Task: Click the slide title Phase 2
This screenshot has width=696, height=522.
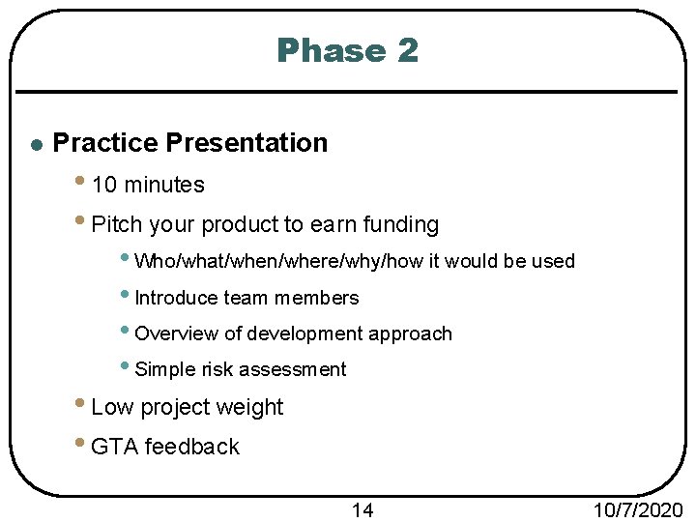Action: point(347,50)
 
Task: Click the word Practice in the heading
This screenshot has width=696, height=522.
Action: point(105,143)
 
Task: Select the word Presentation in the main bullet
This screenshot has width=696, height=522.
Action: point(246,143)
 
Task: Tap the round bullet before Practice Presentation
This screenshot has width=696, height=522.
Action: point(35,145)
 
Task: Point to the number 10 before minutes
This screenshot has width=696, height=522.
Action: point(104,185)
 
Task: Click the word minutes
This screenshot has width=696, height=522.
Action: point(164,185)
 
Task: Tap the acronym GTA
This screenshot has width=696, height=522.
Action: point(113,447)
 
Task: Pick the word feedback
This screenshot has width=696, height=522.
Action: point(191,447)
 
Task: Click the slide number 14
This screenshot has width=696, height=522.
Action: point(362,509)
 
